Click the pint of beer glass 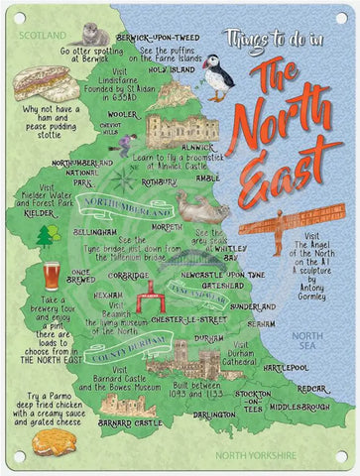52,276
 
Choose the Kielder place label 39,213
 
